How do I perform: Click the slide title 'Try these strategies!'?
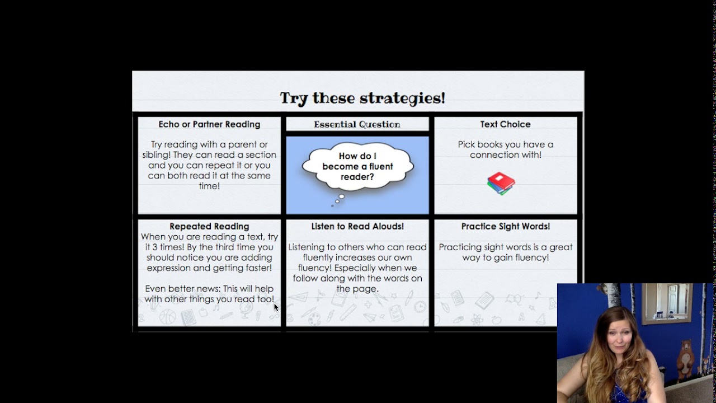pos(362,99)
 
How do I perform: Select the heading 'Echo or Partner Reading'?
pos(209,124)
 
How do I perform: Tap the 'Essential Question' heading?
pos(357,124)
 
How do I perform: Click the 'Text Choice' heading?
pos(505,124)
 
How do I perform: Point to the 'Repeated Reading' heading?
pos(209,226)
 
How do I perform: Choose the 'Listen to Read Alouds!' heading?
pos(357,226)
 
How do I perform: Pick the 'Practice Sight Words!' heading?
pos(505,226)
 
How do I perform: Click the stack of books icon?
pos(501,183)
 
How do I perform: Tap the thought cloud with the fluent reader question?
pos(357,167)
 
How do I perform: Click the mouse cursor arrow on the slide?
pos(276,307)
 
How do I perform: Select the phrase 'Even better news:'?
pos(183,289)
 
